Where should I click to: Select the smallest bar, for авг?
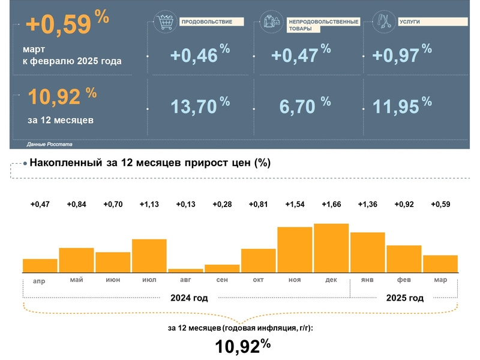point(185,271)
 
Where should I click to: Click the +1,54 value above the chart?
point(295,205)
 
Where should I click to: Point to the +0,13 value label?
point(185,205)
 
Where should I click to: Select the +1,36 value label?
point(367,205)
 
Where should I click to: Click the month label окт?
point(259,280)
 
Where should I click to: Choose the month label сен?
point(222,280)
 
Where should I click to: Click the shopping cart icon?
point(163,22)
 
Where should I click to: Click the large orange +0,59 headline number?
point(58,25)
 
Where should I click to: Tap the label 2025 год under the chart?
point(404,298)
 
